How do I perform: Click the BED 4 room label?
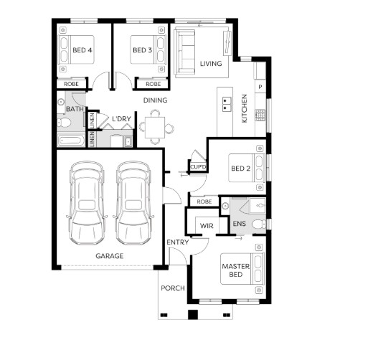tap(82, 50)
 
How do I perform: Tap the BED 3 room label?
tap(142, 50)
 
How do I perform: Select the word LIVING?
tap(211, 64)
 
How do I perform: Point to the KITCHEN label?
tap(244, 108)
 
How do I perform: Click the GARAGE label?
tap(110, 256)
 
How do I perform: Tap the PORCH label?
tap(173, 288)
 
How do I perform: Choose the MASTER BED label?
tap(236, 270)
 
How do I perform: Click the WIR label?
tap(207, 226)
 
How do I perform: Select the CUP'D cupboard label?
tap(198, 167)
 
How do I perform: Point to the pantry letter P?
tap(260, 87)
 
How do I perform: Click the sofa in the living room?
tap(186, 52)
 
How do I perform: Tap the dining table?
tap(155, 128)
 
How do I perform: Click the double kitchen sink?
tap(226, 104)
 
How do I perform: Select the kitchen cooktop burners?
tap(260, 115)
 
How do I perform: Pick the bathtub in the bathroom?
tap(71, 141)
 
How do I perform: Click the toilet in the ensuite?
tap(259, 224)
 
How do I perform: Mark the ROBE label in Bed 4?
tap(71, 84)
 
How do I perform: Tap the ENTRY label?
tap(177, 242)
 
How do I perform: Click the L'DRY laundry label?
tap(121, 119)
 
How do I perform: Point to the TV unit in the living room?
tap(227, 43)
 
